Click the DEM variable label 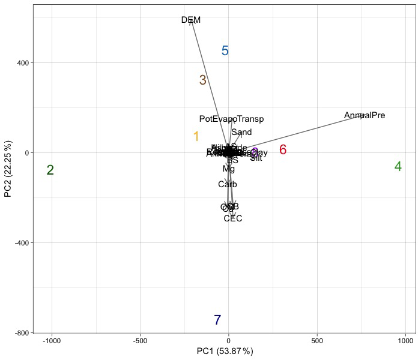pos(191,20)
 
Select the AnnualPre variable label pos(365,115)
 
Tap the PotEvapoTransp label pos(231,119)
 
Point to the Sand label pos(241,133)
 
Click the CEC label pos(233,218)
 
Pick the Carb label pos(228,185)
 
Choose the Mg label pos(229,169)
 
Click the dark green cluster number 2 pos(50,170)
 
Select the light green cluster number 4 pos(398,167)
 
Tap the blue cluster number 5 pos(225,51)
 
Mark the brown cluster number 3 pos(203,80)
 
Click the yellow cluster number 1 pos(196,137)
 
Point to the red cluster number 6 pos(283,150)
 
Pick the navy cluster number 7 pos(217,320)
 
